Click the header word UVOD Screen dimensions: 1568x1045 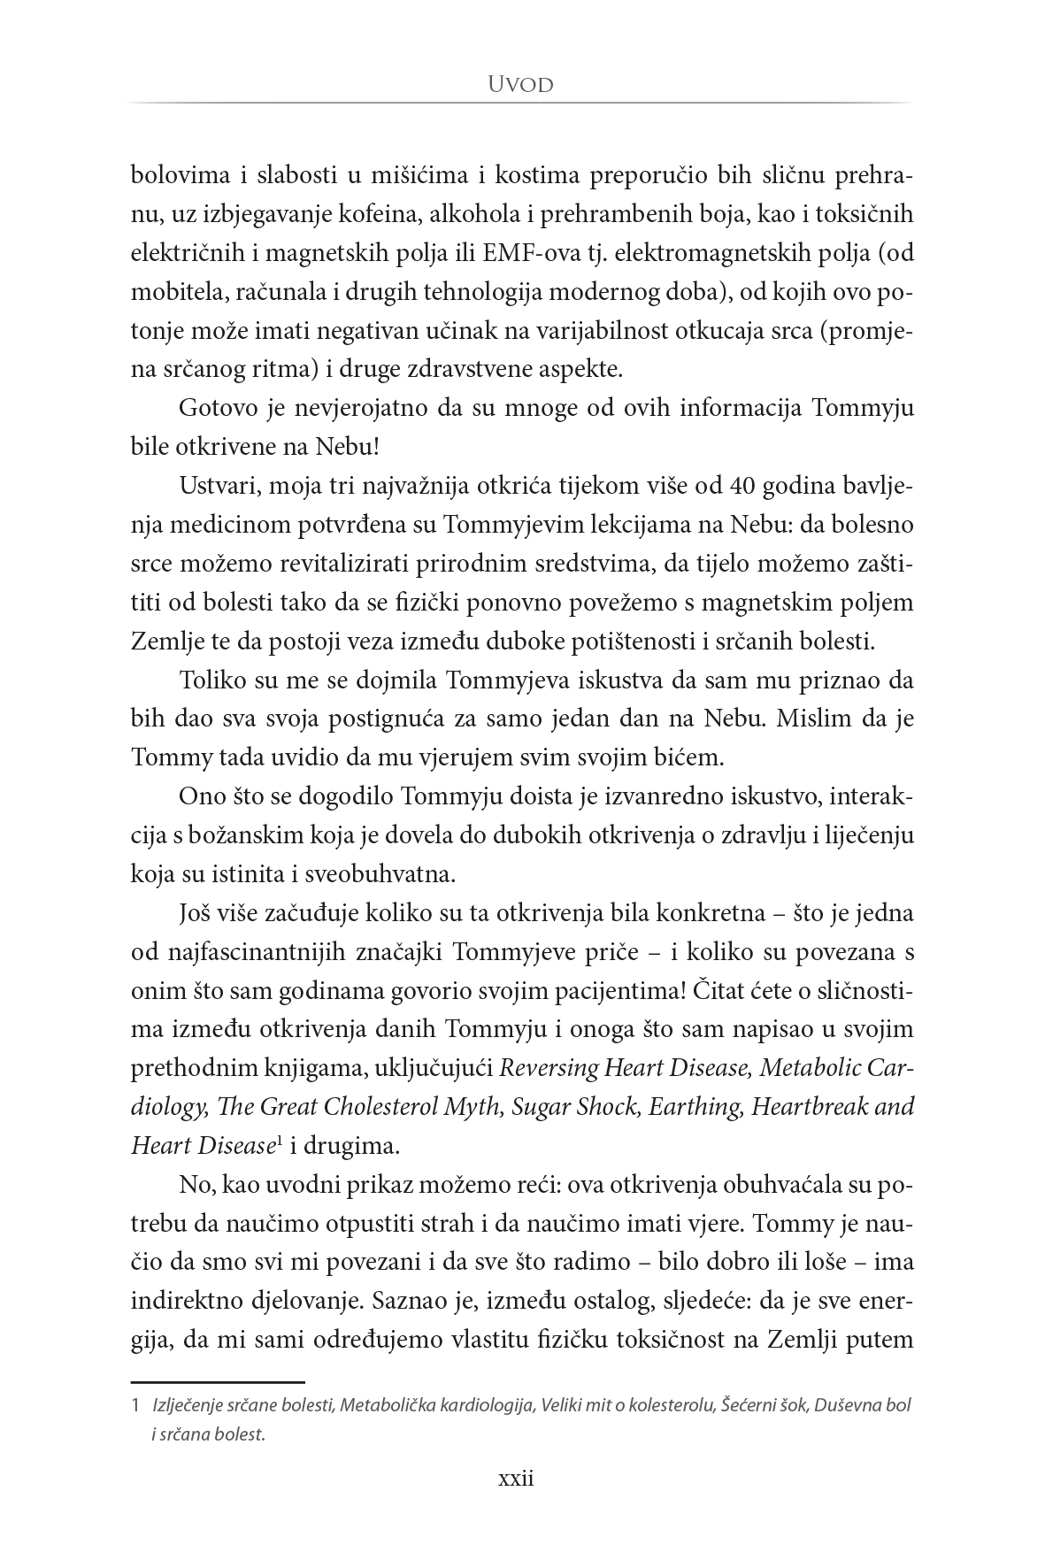tap(521, 85)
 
